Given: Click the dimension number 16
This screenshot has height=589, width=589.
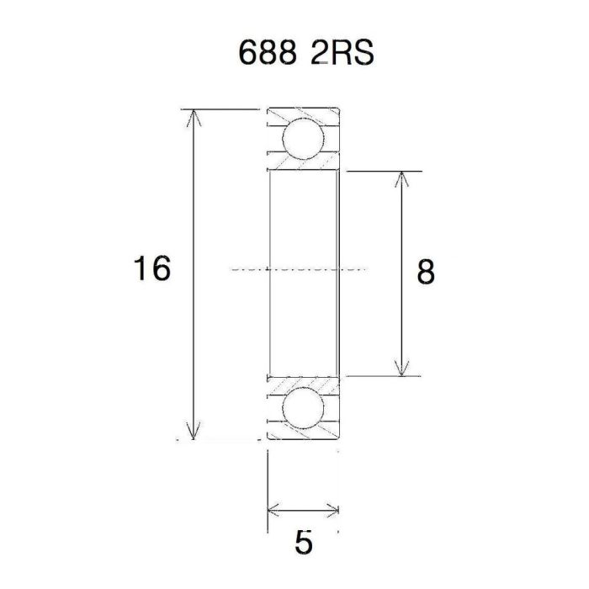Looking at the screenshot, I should click(x=151, y=269).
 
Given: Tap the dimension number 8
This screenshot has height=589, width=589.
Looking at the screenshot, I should click(x=427, y=272).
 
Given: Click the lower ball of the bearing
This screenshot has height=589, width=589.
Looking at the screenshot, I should click(x=303, y=408).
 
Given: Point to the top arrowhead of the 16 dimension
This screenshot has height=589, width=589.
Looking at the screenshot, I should click(x=195, y=114).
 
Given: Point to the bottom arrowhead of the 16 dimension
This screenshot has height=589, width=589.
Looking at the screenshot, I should click(x=195, y=434).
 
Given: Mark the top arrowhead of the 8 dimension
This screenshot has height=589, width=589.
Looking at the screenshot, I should click(x=403, y=177).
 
